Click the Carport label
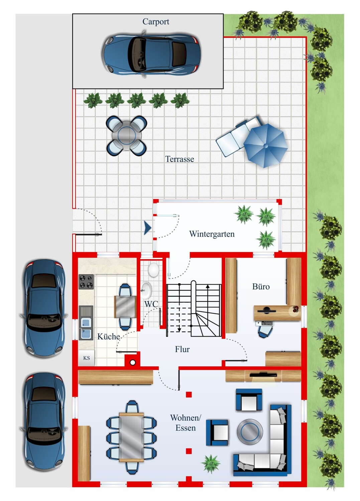click(x=155, y=22)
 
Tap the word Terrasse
click(x=179, y=159)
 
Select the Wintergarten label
click(x=212, y=234)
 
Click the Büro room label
click(x=261, y=286)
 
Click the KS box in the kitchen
click(x=87, y=358)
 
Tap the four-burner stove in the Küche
click(x=86, y=282)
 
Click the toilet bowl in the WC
click(x=153, y=270)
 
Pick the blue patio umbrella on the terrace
click(x=265, y=146)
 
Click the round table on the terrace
click(x=127, y=136)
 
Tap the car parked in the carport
click(x=151, y=54)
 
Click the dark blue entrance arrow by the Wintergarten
click(x=147, y=228)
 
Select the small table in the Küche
click(x=125, y=307)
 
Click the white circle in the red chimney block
click(x=133, y=362)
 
